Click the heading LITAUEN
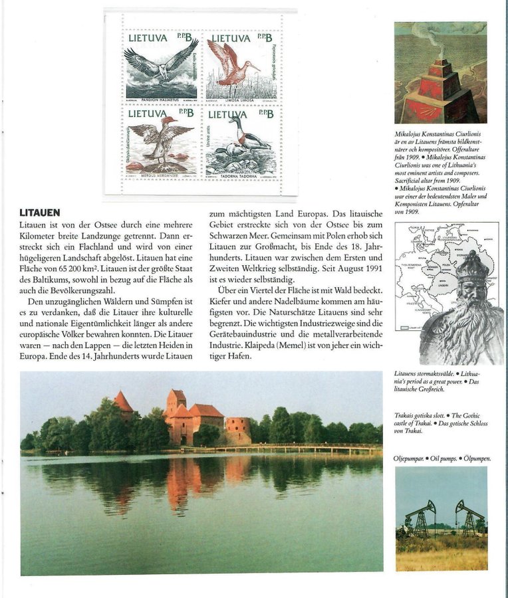click(40, 213)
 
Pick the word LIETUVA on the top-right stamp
click(231, 39)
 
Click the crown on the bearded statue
click(473, 268)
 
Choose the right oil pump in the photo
click(467, 517)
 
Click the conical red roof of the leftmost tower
click(122, 401)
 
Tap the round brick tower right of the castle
click(238, 429)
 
